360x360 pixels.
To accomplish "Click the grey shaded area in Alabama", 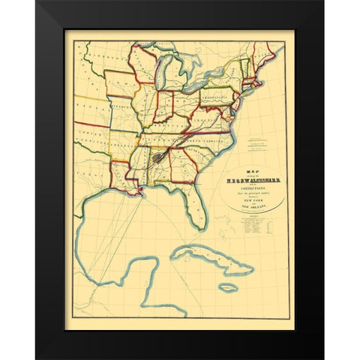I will pos(158,158).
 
